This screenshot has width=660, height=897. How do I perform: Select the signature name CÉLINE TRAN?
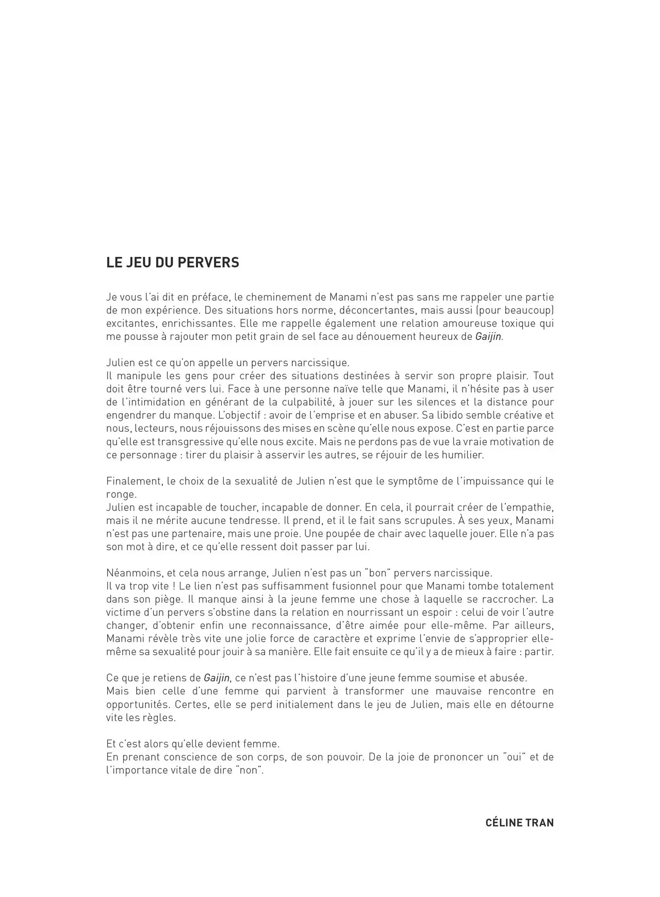coord(520,823)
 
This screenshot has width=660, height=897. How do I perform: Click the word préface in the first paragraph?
coord(210,297)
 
